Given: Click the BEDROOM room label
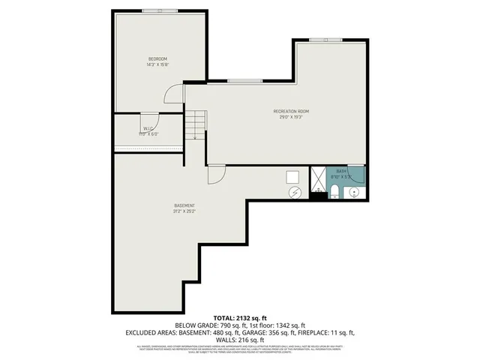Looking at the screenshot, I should point(157,58).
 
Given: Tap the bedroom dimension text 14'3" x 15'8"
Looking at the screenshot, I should point(157,64).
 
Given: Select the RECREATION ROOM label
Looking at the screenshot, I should point(291,111).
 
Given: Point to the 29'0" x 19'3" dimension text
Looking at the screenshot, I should point(291,117).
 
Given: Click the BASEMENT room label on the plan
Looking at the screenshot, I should point(184,205).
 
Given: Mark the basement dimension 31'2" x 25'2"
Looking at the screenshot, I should point(184,211).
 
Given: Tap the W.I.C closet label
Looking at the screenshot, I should point(148,128).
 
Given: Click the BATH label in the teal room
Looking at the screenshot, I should point(341,172).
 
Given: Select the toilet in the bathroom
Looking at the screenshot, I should point(335,194).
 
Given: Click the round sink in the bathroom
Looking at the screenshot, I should point(355,193).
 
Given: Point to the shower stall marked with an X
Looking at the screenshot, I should point(318,180).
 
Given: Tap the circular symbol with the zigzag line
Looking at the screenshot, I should point(295,193).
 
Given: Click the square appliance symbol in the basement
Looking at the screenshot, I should point(292,177).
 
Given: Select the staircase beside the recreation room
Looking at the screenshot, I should point(196,124).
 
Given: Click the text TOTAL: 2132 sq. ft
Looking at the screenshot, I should point(240,317).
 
